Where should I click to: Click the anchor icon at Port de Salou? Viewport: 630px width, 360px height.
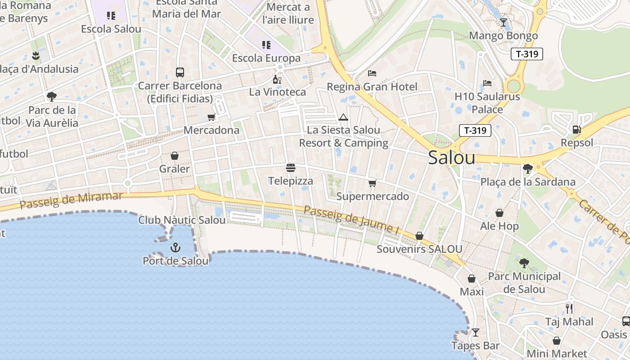(175, 247)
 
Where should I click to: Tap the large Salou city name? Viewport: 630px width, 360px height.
(451, 158)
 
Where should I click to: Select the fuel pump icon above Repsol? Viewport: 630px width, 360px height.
(576, 130)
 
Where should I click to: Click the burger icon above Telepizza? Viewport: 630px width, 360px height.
(291, 168)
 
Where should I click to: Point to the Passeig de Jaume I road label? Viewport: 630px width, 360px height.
(351, 219)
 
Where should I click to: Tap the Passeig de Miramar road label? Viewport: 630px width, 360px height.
(71, 201)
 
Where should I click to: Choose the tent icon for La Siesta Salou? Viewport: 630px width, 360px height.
(343, 117)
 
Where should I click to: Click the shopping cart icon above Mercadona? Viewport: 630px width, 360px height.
(211, 117)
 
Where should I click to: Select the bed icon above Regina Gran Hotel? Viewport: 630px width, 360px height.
(372, 73)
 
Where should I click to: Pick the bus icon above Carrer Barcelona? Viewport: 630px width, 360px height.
(180, 72)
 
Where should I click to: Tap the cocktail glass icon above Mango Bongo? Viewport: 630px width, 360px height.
(504, 22)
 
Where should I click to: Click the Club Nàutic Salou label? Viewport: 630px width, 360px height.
(182, 220)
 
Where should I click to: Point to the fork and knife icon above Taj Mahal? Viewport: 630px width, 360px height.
(569, 309)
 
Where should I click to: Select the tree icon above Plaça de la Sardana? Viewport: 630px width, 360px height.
(527, 169)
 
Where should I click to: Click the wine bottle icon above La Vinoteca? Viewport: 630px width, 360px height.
(277, 80)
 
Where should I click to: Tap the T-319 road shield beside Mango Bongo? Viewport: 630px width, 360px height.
(527, 54)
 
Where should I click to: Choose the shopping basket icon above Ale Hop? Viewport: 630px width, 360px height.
(499, 213)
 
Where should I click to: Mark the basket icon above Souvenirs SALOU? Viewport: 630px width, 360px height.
(419, 236)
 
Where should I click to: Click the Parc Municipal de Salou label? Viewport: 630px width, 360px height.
(524, 283)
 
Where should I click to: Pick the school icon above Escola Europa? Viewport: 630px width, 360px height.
(266, 45)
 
